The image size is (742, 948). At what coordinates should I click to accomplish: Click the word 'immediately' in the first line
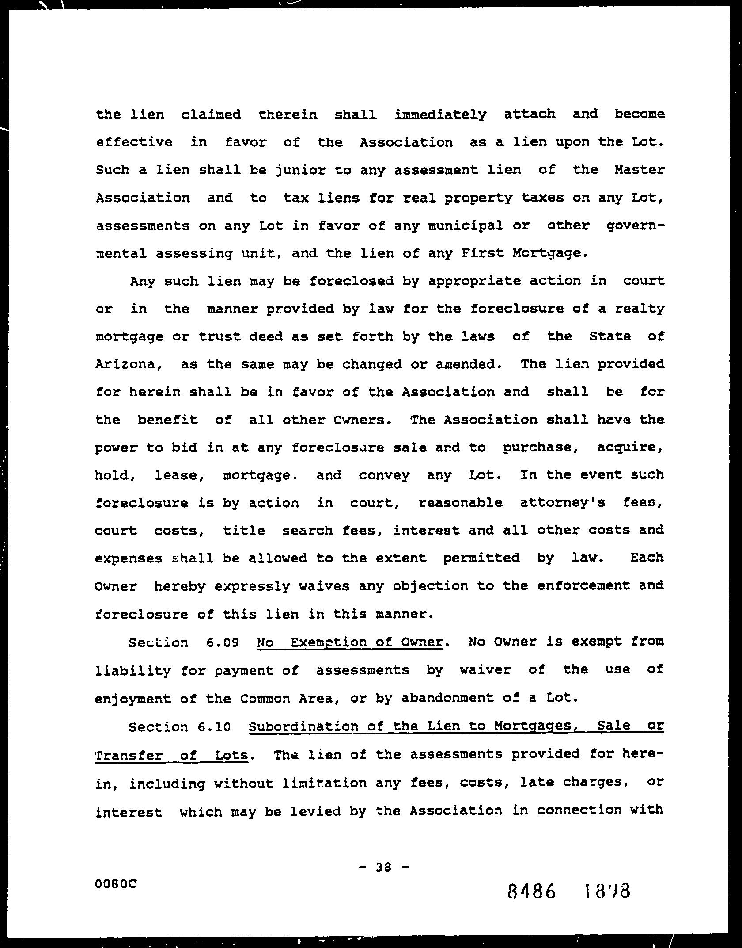440,115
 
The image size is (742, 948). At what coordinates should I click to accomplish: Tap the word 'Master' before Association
639,170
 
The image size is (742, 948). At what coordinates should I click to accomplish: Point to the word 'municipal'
466,226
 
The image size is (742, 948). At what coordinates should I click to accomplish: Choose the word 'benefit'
168,420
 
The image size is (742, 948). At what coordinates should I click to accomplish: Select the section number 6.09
223,642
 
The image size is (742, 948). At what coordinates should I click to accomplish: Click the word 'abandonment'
448,698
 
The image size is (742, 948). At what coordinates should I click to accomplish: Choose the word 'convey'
384,475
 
